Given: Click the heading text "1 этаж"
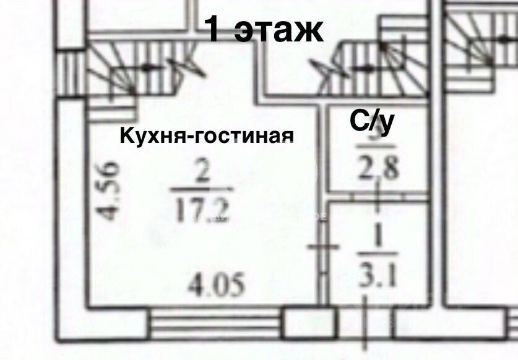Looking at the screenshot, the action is click(x=264, y=29).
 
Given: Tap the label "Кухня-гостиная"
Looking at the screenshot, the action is click(x=205, y=134).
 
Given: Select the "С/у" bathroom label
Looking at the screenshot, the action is click(x=371, y=121).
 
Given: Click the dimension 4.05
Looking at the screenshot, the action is click(x=217, y=285).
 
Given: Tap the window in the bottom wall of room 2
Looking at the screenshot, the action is click(x=217, y=322).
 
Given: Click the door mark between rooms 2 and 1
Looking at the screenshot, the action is click(x=324, y=247).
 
